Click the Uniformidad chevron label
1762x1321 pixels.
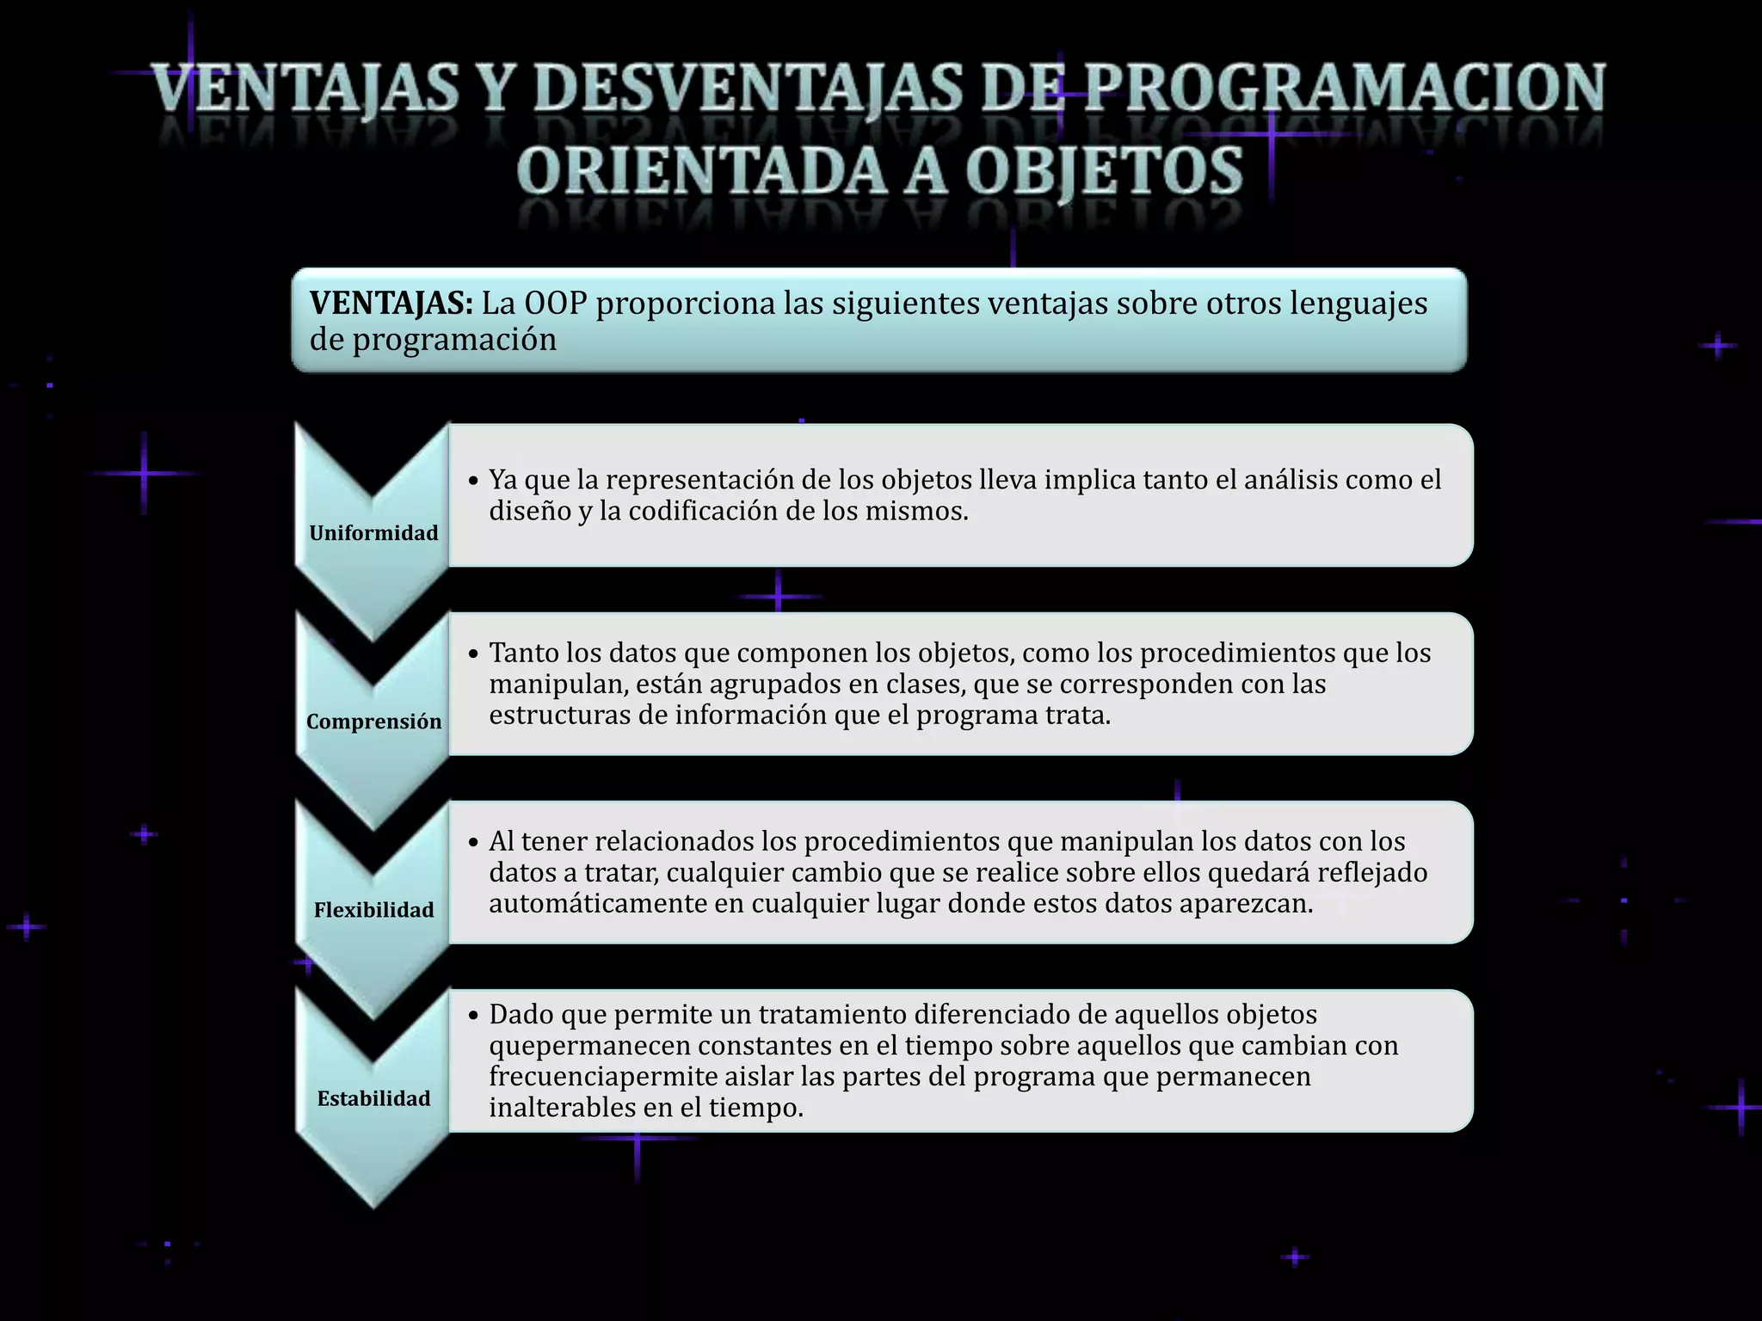point(373,533)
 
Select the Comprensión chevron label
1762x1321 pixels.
point(373,722)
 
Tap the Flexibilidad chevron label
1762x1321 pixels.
point(373,910)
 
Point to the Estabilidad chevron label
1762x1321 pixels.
point(373,1098)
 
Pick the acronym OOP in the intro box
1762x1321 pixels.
point(555,303)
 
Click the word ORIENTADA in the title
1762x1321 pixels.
point(704,170)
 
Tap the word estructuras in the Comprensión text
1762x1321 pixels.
point(560,715)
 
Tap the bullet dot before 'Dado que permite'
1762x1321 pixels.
point(473,1016)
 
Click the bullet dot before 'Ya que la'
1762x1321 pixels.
point(473,481)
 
